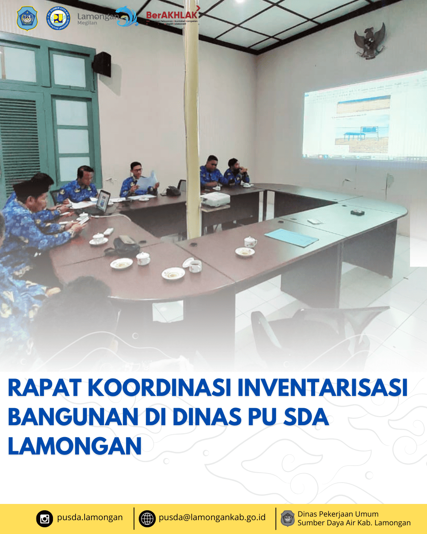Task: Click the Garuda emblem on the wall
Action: pos(370,41)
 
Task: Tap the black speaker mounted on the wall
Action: pos(102,64)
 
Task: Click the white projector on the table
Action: pos(215,199)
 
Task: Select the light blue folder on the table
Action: pos(291,237)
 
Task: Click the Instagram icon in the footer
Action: pos(45,518)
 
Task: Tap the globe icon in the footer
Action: pos(147,518)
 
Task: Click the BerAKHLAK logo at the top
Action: pos(172,16)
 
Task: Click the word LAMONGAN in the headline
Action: pos(75,446)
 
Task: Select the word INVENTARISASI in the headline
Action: pos(322,388)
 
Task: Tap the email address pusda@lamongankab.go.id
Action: pos(212,517)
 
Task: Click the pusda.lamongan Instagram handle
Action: pos(90,517)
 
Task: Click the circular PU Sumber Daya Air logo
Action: pos(58,18)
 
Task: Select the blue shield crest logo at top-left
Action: pos(27,18)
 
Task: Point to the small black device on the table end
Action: pos(358,212)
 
